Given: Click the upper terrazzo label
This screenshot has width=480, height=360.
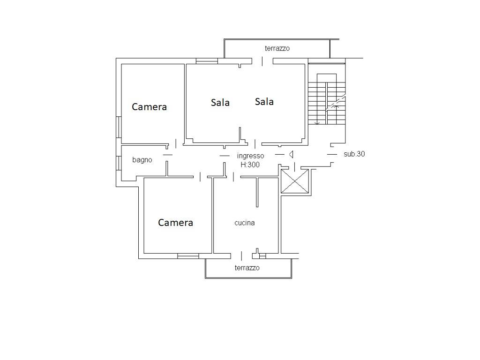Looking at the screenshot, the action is (277, 48).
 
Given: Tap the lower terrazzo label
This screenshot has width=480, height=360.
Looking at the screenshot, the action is (247, 268).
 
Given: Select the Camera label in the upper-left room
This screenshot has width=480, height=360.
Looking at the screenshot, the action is (149, 107).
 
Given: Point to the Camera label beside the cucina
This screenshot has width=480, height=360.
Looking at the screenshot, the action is (175, 223).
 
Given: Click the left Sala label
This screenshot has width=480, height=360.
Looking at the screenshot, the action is (220, 102).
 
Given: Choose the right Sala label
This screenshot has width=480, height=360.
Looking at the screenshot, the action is (264, 101).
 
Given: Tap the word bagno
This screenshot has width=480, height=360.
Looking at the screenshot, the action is (142, 160).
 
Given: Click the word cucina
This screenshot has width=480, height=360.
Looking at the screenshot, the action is (245, 223).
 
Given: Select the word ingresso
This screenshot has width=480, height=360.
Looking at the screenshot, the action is (250, 156).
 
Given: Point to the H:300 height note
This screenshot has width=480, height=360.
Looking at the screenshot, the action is (250, 165).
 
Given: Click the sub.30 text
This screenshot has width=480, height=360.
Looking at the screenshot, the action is (354, 154).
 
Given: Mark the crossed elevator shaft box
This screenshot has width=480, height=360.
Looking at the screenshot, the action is (295, 181).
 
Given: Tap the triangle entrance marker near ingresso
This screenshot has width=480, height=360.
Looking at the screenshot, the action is (291, 154).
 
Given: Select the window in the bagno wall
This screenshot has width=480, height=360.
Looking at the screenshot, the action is (119, 163).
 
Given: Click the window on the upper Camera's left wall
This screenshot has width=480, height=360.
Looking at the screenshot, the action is (119, 127).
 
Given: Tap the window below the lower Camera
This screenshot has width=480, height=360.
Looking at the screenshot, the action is (188, 256).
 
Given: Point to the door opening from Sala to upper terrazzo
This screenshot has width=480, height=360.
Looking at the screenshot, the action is (262, 61).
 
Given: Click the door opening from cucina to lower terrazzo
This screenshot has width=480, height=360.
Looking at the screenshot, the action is (241, 256).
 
